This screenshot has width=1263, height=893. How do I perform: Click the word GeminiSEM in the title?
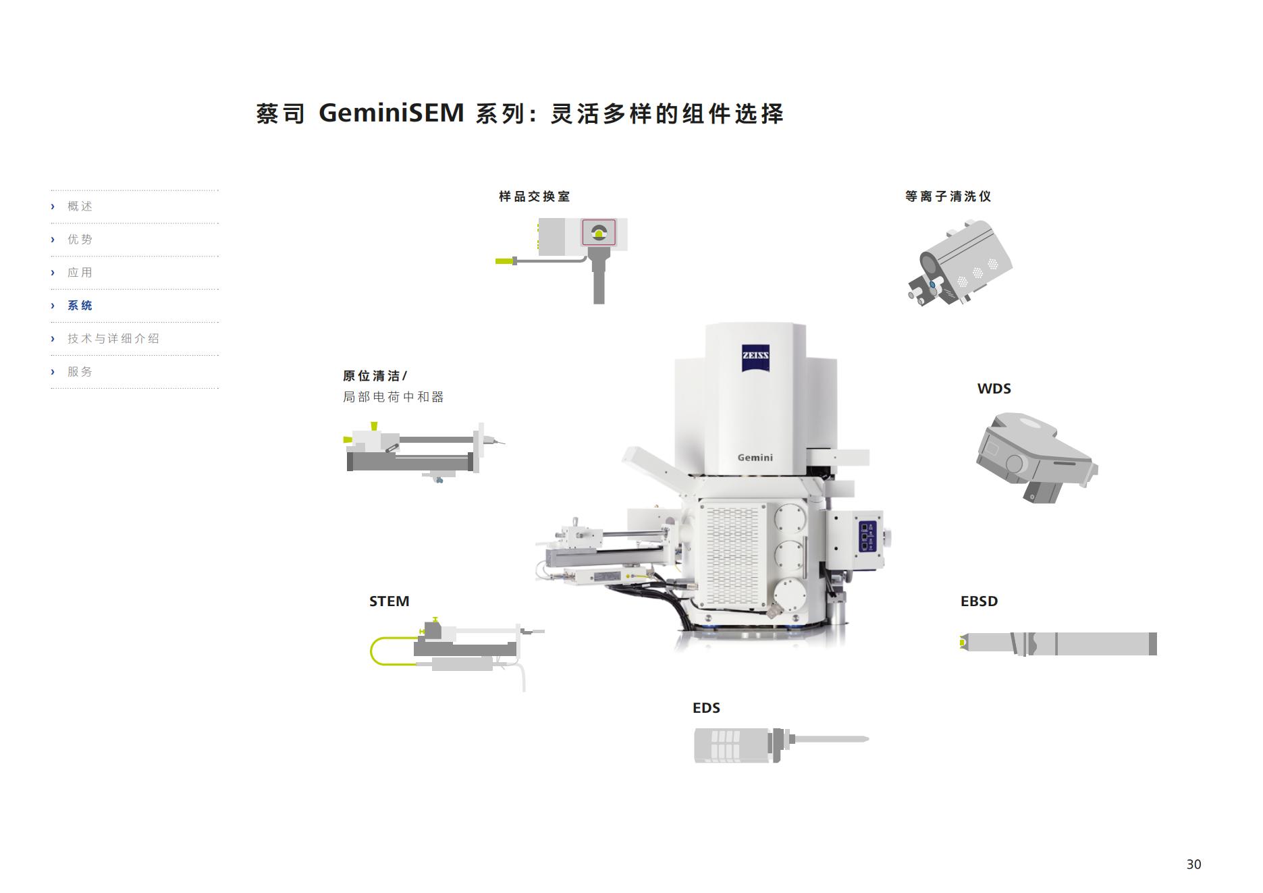(x=392, y=113)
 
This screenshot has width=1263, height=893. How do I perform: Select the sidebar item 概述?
(x=80, y=207)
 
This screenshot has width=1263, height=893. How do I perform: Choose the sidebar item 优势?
(x=80, y=240)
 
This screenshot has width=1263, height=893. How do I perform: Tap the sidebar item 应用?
(x=80, y=273)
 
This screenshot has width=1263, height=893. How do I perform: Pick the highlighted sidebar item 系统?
(x=80, y=306)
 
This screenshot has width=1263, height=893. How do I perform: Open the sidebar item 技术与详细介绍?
(x=113, y=339)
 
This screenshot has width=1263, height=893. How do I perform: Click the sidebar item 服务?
(x=80, y=372)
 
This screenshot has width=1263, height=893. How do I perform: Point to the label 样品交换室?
(x=535, y=196)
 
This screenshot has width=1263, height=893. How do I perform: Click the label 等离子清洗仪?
(x=948, y=196)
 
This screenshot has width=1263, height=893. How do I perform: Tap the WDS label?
(x=994, y=389)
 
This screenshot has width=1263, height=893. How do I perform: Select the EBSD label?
(x=979, y=601)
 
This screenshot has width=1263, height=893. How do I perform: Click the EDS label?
(x=706, y=708)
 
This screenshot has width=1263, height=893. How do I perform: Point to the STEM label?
(x=389, y=601)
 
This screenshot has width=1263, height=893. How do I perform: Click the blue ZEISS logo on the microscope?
(x=755, y=356)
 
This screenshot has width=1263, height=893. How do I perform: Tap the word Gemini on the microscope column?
(x=755, y=458)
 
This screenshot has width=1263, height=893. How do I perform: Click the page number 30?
(x=1193, y=865)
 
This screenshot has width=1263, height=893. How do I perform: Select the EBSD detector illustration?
(x=1058, y=644)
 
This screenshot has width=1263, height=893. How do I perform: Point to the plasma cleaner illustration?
(x=959, y=262)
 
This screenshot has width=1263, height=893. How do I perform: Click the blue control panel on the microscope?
(x=867, y=537)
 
